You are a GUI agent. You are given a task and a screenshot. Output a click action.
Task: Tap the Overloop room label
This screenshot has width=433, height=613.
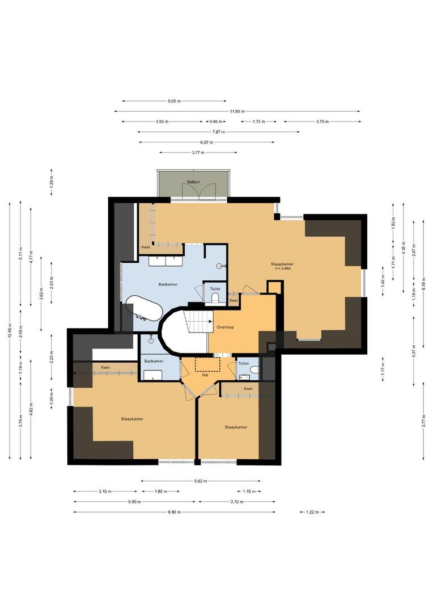tap(226, 328)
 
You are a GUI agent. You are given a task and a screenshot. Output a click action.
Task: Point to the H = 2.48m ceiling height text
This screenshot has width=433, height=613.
tap(282, 268)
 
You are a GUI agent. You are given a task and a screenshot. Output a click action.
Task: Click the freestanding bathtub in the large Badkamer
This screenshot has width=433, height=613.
tap(144, 308)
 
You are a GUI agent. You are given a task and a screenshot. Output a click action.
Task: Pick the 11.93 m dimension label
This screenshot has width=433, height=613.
tap(237, 111)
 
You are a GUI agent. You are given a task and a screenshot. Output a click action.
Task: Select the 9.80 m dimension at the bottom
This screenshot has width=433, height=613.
tap(174, 512)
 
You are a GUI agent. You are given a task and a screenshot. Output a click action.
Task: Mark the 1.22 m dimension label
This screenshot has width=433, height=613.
tap(311, 512)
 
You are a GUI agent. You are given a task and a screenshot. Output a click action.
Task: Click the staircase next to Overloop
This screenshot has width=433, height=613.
tap(198, 322)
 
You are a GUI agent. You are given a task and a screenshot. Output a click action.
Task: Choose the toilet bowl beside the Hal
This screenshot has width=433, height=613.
tap(253, 371)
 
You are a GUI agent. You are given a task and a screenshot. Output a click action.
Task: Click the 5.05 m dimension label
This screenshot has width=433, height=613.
tap(174, 101)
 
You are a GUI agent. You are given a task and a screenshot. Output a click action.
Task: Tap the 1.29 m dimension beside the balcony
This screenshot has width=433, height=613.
tap(51, 182)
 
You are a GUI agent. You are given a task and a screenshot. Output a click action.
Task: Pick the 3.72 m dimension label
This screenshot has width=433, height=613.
tap(237, 502)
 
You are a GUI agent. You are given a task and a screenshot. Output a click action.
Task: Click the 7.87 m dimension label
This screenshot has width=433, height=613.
tap(219, 132)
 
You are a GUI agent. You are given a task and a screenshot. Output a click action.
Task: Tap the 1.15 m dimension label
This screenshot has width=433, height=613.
tap(249, 491)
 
